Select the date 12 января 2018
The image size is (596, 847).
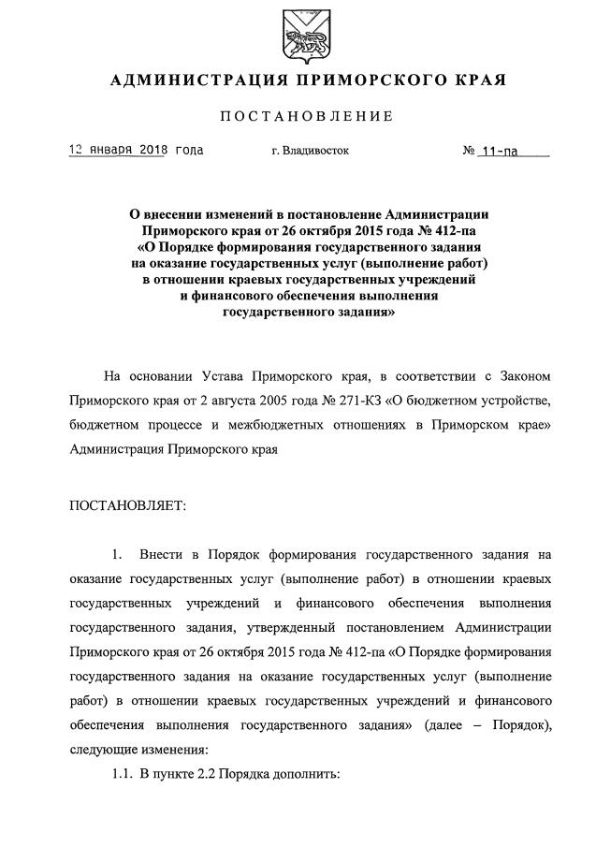(x=118, y=150)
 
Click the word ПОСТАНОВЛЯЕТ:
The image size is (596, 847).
(x=128, y=505)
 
